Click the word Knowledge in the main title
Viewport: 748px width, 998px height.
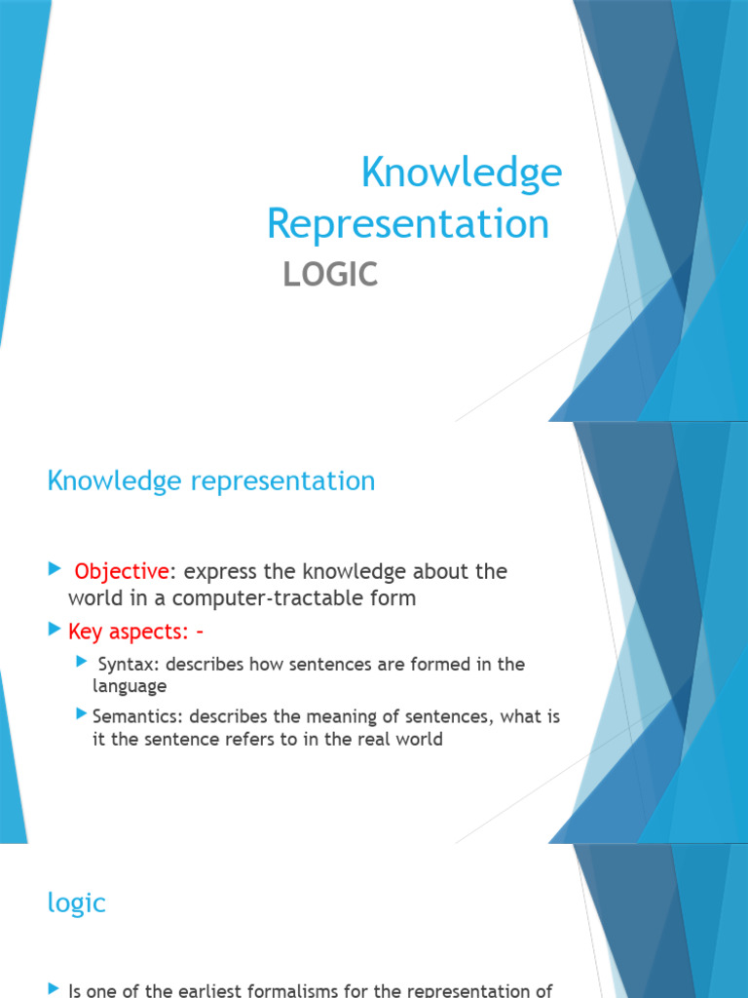pyautogui.click(x=462, y=173)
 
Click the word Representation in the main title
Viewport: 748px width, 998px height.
pyautogui.click(x=408, y=223)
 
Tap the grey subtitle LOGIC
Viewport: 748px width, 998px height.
pyautogui.click(x=330, y=275)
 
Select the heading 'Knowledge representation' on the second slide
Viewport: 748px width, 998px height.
pyautogui.click(x=211, y=481)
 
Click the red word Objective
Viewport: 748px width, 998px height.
pyautogui.click(x=122, y=571)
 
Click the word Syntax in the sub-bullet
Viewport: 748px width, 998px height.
pyautogui.click(x=125, y=665)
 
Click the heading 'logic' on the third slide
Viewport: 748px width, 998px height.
pyautogui.click(x=76, y=902)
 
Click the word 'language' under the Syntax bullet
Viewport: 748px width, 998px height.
pyautogui.click(x=130, y=686)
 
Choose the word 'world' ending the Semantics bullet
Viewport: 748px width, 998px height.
pyautogui.click(x=419, y=739)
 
